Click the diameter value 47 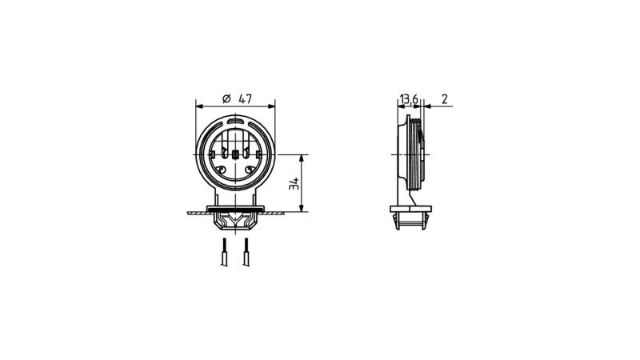tap(246, 98)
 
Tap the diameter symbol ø tap(226, 98)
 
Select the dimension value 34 tap(294, 184)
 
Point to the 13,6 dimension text tap(409, 99)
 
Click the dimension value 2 tap(445, 98)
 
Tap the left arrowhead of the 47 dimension tap(199, 106)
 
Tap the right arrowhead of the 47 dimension tap(271, 106)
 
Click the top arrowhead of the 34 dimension tap(302, 158)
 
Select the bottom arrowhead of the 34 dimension tap(302, 208)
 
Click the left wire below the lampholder tap(224, 252)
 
